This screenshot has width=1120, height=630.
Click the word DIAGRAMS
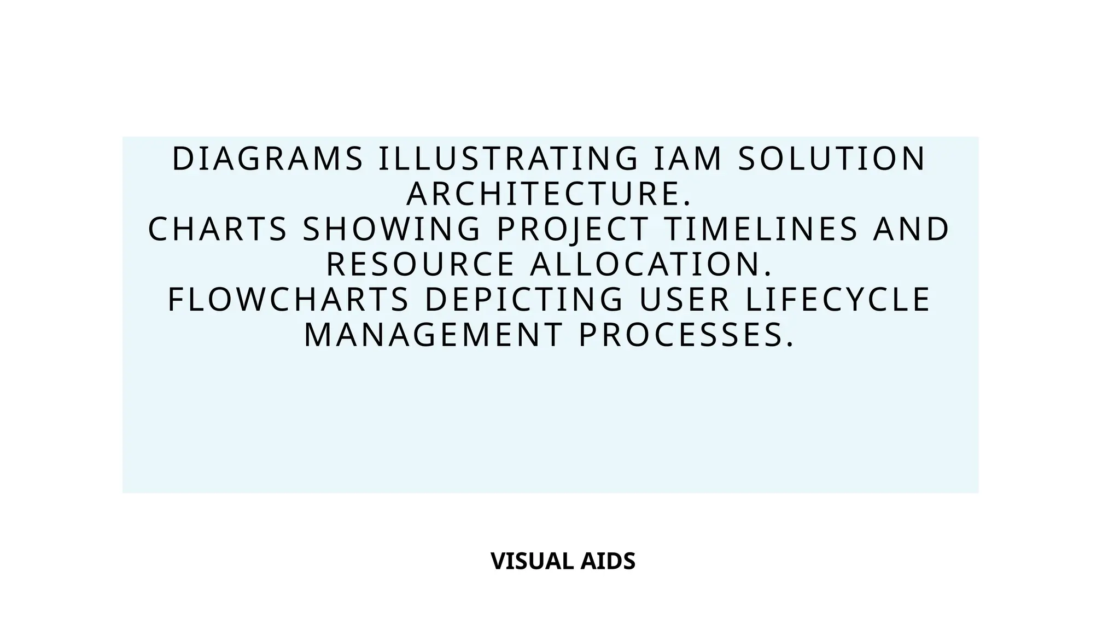[267, 159]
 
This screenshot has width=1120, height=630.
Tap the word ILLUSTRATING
[509, 159]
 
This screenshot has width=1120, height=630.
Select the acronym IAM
[688, 159]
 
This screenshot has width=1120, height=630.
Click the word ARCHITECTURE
[549, 194]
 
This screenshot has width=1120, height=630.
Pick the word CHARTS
[218, 229]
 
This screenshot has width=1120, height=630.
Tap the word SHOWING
[392, 229]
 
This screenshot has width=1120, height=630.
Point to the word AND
[911, 229]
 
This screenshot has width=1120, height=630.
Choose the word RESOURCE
[421, 264]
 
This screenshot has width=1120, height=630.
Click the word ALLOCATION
[651, 264]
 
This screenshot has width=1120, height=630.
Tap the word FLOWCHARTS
[288, 300]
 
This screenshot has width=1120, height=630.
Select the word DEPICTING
[524, 300]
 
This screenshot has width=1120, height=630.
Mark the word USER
[684, 300]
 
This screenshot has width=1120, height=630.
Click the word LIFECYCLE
[838, 300]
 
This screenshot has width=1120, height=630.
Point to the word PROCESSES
[686, 335]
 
